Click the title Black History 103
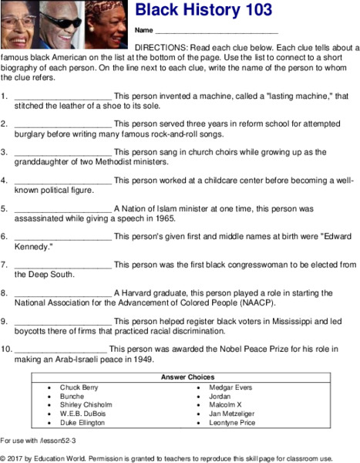point(204,10)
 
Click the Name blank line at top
point(216,32)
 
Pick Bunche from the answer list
point(72,396)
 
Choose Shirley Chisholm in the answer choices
point(86,404)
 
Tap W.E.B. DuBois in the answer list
point(82,414)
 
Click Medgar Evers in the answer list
point(230,387)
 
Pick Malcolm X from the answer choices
point(226,404)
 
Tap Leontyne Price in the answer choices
point(233,423)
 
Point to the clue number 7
point(5,264)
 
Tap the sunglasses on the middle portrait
point(64,19)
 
